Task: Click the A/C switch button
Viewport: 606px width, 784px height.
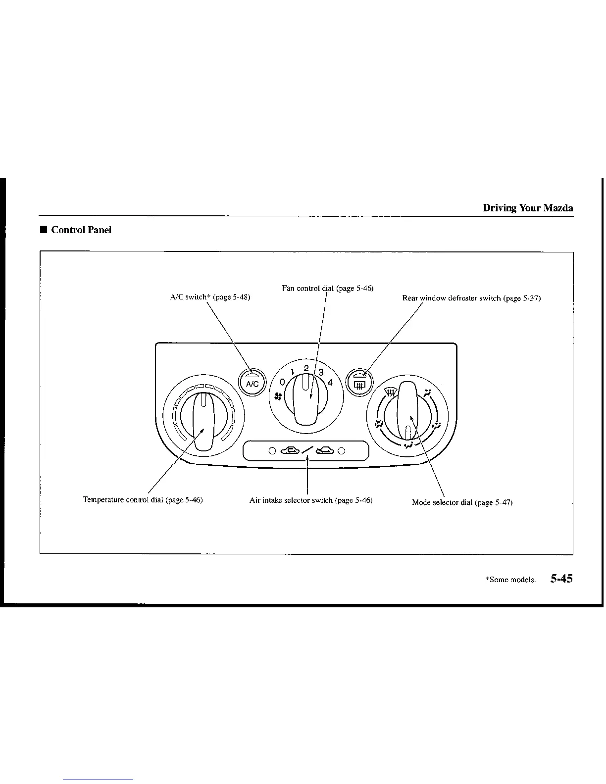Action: tap(252, 383)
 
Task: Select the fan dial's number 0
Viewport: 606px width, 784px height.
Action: tap(282, 382)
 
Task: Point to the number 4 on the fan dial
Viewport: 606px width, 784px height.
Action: tap(330, 383)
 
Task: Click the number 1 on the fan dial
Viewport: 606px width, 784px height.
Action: tap(293, 372)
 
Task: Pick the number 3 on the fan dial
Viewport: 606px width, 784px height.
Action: tap(321, 372)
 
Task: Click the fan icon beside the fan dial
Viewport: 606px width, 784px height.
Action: tap(278, 396)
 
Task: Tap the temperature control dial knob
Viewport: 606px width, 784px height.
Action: tap(203, 421)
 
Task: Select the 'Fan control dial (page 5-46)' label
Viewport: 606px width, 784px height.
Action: tap(327, 288)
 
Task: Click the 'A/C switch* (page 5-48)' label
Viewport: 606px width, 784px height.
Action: tap(210, 297)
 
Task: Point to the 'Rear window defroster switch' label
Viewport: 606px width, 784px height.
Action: tap(471, 298)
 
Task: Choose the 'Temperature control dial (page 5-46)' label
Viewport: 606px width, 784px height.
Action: tap(143, 500)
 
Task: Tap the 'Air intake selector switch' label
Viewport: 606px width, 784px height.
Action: tap(310, 500)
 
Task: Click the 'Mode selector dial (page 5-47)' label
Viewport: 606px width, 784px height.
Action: tap(462, 502)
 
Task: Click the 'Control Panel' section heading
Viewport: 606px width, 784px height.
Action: tap(81, 230)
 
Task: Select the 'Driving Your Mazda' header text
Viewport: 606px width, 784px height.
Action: tap(528, 208)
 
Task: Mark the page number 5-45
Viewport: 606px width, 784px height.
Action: tap(561, 579)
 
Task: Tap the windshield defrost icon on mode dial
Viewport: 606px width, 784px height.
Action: tap(391, 393)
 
